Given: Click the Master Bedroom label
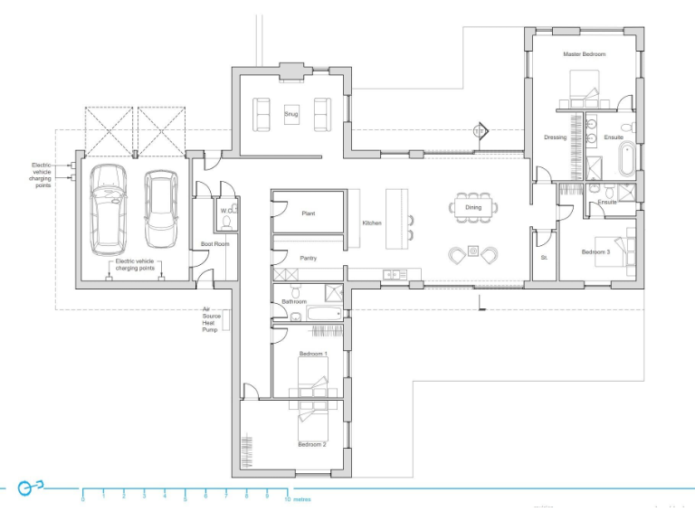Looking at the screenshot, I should (x=584, y=54).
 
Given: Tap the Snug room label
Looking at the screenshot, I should (x=290, y=115).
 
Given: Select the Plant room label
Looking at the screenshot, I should (x=308, y=214).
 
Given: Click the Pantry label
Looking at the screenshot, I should (x=308, y=258).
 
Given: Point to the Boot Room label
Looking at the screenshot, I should (x=214, y=244).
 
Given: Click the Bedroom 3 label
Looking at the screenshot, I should (x=595, y=252).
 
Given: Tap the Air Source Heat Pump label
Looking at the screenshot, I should (x=210, y=319).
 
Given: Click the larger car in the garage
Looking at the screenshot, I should (x=109, y=209).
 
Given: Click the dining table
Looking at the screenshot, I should (x=473, y=207).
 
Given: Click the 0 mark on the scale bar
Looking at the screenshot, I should (x=83, y=497).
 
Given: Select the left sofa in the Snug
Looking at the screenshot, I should (x=261, y=115).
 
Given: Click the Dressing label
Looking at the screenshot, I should (x=556, y=137).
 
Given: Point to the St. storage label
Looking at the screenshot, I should (x=544, y=258).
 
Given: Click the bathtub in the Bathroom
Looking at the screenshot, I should (x=324, y=315).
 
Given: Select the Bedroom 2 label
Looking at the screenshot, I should (x=312, y=445).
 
